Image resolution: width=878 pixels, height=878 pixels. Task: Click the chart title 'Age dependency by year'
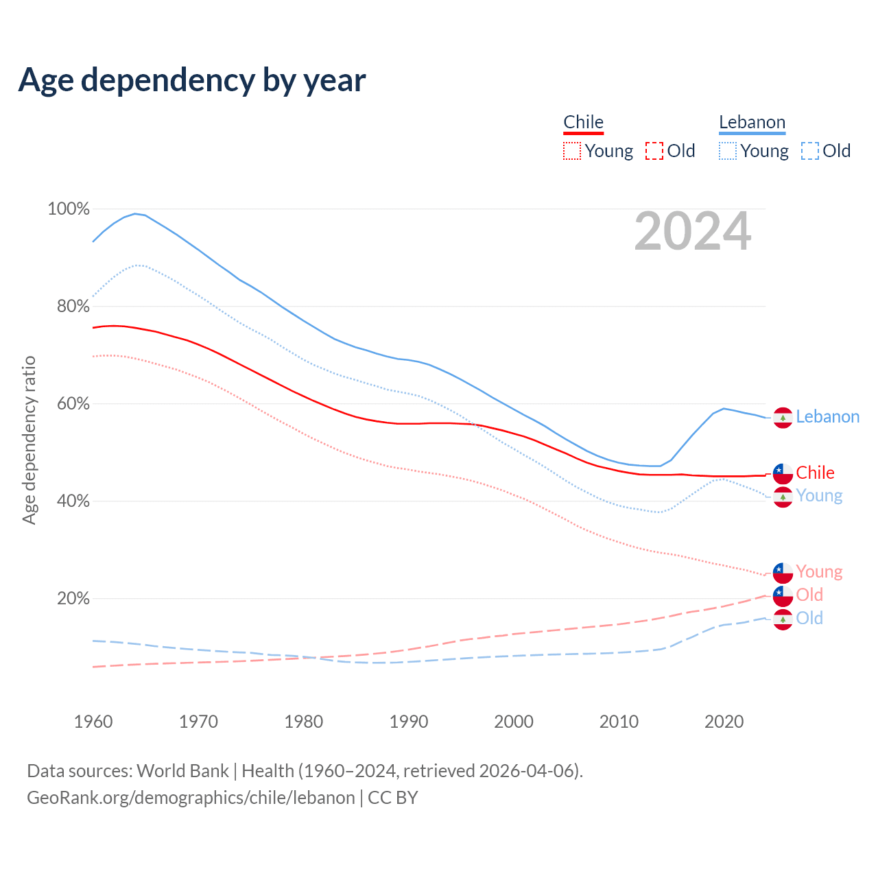coord(192,80)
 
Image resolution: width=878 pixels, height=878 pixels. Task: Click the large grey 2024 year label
coord(693,231)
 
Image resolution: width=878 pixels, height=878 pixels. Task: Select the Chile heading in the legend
coord(583,122)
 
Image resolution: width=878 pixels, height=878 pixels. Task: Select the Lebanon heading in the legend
coord(752,122)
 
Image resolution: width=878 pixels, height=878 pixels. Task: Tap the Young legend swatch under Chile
coord(571,151)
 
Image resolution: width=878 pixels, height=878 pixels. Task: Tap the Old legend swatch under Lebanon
coord(809,151)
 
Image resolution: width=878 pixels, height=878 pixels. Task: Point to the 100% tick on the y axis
coord(69,209)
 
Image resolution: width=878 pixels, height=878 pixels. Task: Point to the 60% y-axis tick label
coord(73,403)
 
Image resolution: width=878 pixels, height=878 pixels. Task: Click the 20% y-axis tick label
coord(73,598)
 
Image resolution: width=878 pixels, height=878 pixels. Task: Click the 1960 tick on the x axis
coord(93,722)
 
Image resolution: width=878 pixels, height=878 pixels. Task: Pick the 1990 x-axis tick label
coord(409,722)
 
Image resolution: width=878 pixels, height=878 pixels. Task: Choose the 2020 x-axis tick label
coord(724,722)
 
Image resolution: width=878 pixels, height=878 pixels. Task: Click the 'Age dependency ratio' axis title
coord(29,440)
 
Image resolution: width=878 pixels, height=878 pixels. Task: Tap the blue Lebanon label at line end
coord(827,416)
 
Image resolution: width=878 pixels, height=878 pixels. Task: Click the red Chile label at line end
coord(815,473)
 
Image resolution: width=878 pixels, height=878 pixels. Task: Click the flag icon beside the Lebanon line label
coord(783,417)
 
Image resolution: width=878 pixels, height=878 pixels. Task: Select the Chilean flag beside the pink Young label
coord(783,572)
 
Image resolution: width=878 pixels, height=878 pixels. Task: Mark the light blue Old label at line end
coord(809,618)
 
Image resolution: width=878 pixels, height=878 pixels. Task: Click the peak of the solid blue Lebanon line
coord(135,213)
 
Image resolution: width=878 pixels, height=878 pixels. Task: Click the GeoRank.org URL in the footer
coord(191,798)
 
